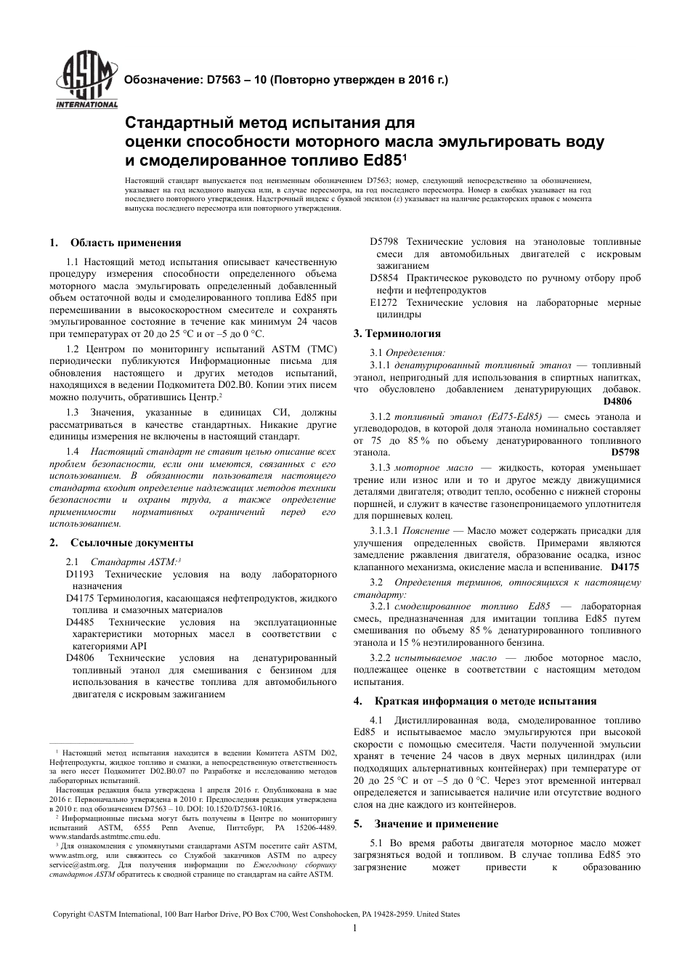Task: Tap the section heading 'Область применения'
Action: point(126,243)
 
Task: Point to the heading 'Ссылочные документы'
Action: point(131,542)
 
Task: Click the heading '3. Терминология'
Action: point(397,333)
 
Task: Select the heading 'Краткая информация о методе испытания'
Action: point(485,701)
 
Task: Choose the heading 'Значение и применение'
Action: point(436,824)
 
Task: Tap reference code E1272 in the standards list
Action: point(385,302)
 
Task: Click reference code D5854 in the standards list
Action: point(385,278)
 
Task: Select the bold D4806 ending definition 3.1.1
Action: point(617,401)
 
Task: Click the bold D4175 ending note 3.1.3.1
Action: point(625,567)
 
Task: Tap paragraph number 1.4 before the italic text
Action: point(73,452)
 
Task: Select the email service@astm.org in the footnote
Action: point(79,865)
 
